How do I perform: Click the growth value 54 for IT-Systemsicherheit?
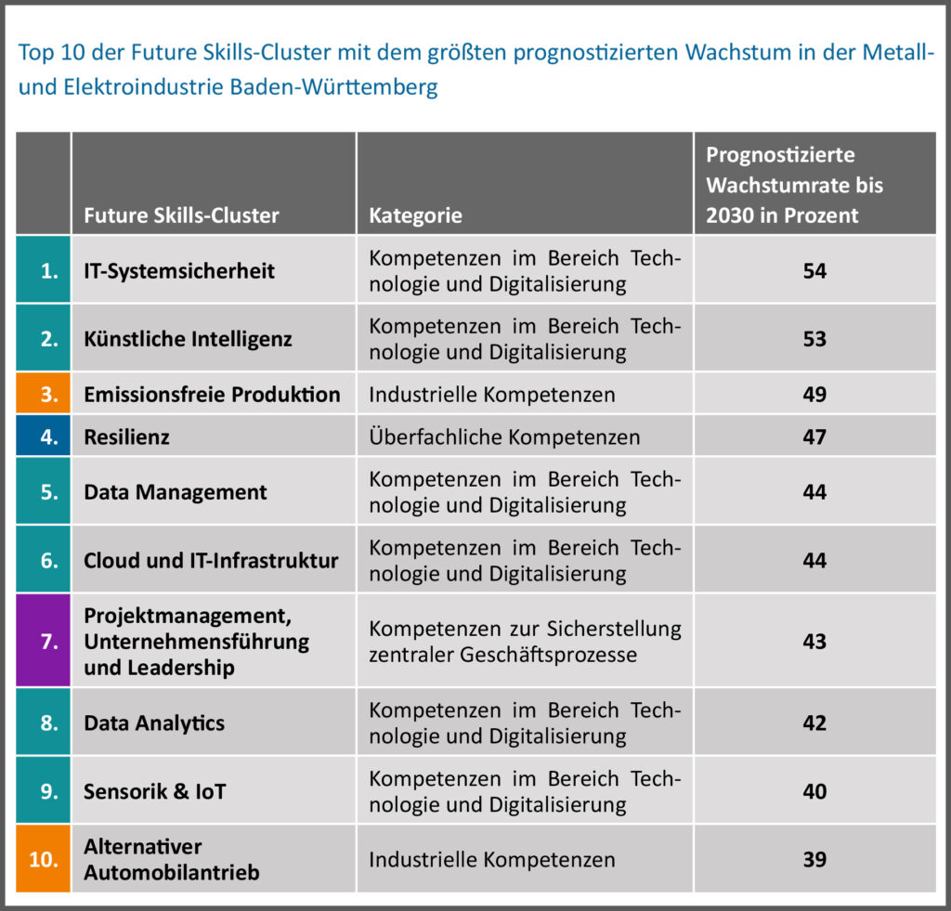coord(814,271)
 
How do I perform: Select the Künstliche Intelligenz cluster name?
coord(188,339)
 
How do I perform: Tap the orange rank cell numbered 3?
coord(44,395)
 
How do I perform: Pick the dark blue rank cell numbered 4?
coord(44,436)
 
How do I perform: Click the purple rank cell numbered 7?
coord(44,641)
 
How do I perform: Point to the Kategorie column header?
coord(415,216)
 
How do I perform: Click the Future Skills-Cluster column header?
coord(181,216)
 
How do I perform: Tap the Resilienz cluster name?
coord(126,436)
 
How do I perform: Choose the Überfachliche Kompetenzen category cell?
coord(504,436)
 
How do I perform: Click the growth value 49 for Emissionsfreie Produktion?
coord(814,395)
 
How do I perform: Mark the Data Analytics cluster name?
coord(154,722)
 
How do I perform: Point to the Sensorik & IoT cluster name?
coord(155,791)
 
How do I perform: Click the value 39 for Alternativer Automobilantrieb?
coord(814,860)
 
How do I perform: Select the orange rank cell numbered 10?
coord(44,860)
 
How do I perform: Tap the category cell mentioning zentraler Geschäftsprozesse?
coord(525,641)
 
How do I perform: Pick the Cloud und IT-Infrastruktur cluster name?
coord(211,561)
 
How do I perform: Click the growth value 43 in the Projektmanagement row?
coord(814,641)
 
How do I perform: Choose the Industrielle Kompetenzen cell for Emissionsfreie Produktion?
coord(491,395)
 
